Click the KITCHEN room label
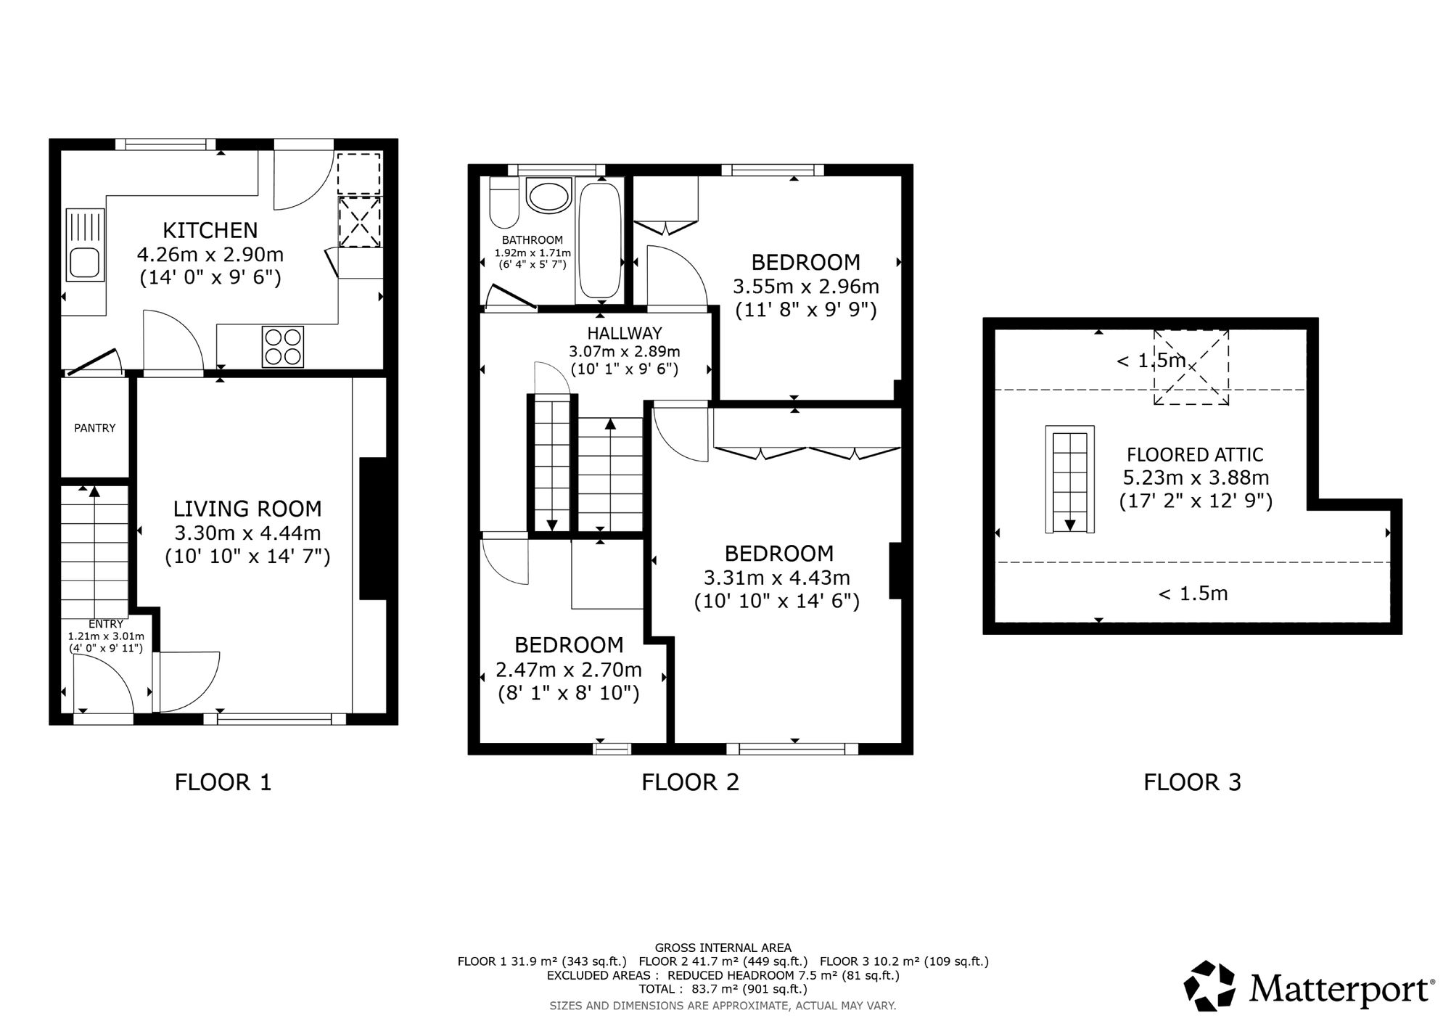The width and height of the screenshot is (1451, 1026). click(210, 230)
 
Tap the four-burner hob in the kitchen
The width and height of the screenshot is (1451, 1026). click(283, 347)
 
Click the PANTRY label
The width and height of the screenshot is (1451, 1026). click(95, 428)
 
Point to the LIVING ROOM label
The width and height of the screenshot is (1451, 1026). click(247, 509)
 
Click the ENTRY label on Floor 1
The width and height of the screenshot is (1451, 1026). click(106, 624)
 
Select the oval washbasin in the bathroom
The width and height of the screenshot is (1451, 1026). click(549, 196)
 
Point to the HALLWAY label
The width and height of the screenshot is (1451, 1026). click(625, 333)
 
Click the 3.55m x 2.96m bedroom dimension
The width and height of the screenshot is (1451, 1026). click(806, 287)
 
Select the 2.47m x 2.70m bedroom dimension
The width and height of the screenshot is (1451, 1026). click(569, 669)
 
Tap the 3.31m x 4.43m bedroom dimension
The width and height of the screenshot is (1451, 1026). click(777, 578)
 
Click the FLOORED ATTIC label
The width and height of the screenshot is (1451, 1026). click(1195, 455)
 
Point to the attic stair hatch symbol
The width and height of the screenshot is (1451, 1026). click(1070, 480)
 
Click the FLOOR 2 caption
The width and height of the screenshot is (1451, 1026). click(690, 782)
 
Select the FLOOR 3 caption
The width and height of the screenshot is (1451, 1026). click(1192, 782)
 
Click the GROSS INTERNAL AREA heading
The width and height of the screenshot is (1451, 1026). click(723, 948)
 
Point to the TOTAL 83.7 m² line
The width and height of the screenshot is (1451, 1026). click(723, 989)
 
